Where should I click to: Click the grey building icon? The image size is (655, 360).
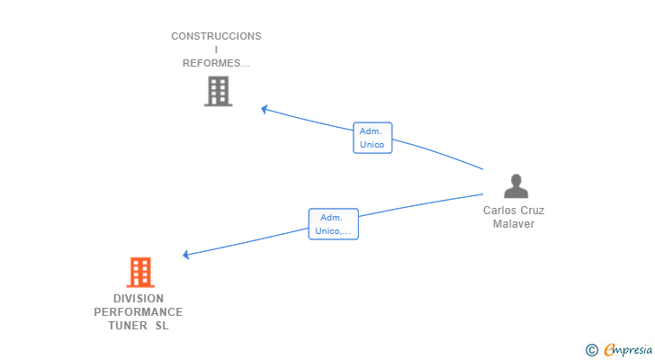[x=218, y=91]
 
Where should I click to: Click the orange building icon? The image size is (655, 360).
[x=139, y=272]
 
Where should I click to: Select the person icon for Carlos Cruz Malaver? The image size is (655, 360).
[x=516, y=186]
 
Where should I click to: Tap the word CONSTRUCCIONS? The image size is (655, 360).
[x=216, y=36]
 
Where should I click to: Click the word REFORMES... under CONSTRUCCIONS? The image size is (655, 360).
[x=216, y=63]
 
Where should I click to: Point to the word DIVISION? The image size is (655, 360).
[x=139, y=299]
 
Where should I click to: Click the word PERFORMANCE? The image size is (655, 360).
[x=139, y=312]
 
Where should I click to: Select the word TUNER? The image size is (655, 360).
[x=121, y=326]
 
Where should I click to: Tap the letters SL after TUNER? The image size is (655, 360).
[x=161, y=326]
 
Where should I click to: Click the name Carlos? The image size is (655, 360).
[x=500, y=211]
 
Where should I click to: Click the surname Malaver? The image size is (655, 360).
[x=514, y=224]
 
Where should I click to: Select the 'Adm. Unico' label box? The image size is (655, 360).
[x=372, y=138]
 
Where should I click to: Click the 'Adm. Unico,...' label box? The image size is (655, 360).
[x=333, y=224]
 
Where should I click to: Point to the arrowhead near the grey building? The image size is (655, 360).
[x=265, y=109]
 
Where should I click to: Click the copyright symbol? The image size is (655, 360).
[x=591, y=350]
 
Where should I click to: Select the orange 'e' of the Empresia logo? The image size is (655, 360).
[x=609, y=350]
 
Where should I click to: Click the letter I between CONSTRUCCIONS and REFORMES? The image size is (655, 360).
[x=216, y=49]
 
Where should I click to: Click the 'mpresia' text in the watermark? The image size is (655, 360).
[x=634, y=350]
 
